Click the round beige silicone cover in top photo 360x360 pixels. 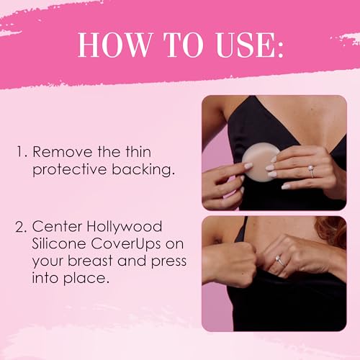pyautogui.click(x=256, y=158)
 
